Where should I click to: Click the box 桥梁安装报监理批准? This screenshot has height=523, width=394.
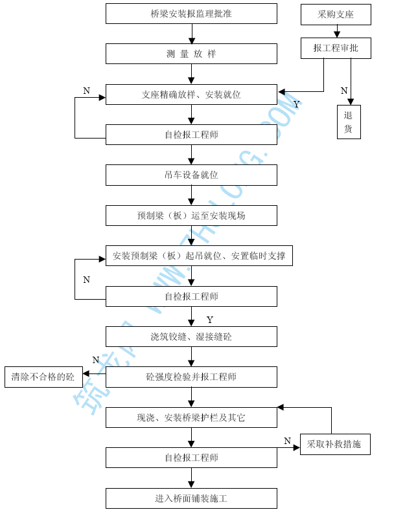[x=191, y=14]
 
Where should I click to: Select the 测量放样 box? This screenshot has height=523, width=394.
[x=191, y=54]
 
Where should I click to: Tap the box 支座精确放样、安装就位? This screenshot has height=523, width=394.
[x=191, y=95]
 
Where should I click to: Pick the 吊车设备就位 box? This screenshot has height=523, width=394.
[x=191, y=175]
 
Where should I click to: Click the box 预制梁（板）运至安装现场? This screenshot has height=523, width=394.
[x=191, y=216]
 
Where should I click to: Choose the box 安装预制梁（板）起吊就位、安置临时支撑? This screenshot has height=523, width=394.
[x=199, y=256]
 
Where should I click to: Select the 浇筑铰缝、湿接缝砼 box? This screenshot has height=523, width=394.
[x=191, y=337]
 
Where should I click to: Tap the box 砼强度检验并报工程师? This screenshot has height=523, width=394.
[x=191, y=377]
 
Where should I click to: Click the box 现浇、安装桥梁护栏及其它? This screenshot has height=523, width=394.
[x=191, y=417]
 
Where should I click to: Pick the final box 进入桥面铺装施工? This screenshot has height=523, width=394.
[x=191, y=498]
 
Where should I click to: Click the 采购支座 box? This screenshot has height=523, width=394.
[x=336, y=14]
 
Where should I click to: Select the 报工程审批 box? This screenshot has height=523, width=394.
[x=336, y=48]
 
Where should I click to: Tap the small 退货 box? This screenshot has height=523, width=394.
[x=349, y=122]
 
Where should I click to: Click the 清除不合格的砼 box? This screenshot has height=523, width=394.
[x=43, y=377]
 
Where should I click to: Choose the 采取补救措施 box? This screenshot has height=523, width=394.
[x=334, y=445]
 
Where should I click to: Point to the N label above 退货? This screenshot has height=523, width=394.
[x=344, y=91]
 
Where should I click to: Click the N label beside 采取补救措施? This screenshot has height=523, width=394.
[x=288, y=441]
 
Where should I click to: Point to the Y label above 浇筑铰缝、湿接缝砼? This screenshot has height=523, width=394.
[x=209, y=320]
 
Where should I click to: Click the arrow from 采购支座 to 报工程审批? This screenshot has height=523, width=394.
[x=336, y=31]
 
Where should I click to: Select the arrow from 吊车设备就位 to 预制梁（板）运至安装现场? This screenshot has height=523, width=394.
[x=191, y=195]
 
